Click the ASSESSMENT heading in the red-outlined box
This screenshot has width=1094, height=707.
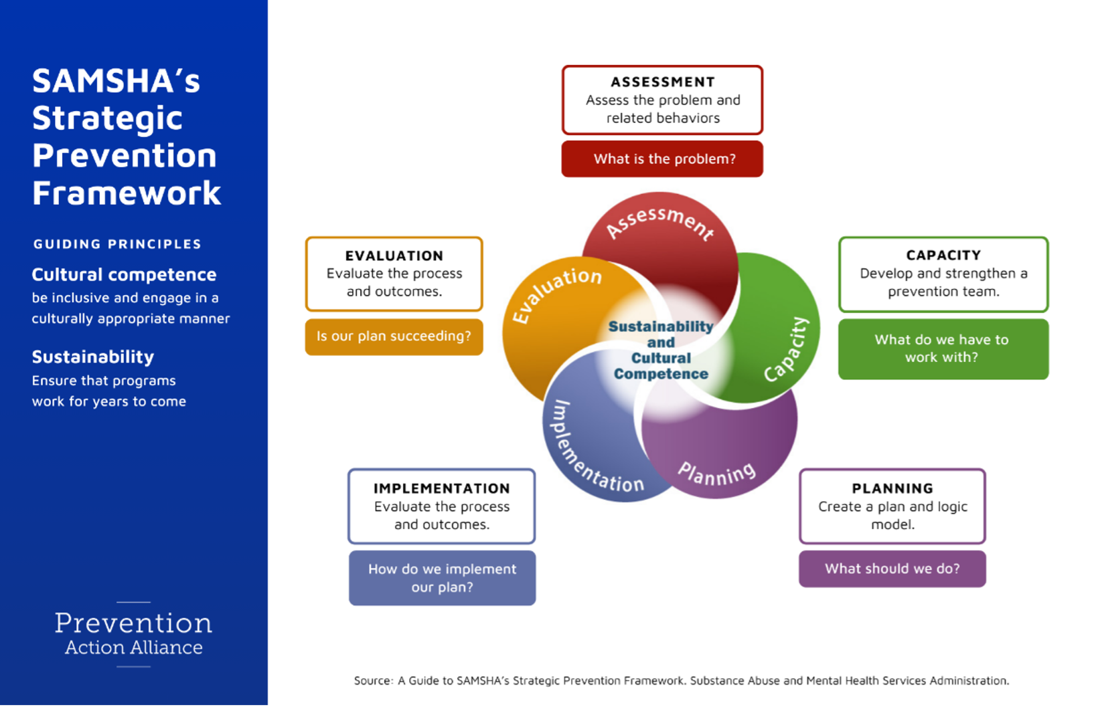click(663, 82)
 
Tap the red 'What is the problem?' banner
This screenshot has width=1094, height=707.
click(662, 159)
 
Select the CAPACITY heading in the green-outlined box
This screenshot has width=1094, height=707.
click(943, 256)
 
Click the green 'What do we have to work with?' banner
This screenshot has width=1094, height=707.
click(943, 349)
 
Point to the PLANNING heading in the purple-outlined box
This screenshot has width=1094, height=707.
click(892, 488)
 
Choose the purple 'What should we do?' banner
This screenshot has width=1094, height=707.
click(892, 569)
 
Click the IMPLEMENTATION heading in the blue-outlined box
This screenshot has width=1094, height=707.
click(442, 488)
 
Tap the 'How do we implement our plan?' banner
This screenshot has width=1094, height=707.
click(442, 578)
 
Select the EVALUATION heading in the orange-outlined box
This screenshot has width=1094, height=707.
click(394, 256)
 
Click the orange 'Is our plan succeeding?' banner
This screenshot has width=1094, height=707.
click(394, 336)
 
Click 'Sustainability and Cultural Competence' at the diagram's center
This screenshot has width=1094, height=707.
click(661, 350)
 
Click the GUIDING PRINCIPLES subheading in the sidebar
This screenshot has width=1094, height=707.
click(117, 244)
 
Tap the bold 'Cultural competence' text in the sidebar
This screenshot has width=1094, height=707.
click(124, 275)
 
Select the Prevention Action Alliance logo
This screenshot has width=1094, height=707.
click(133, 634)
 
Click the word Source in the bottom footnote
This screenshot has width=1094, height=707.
click(373, 681)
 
